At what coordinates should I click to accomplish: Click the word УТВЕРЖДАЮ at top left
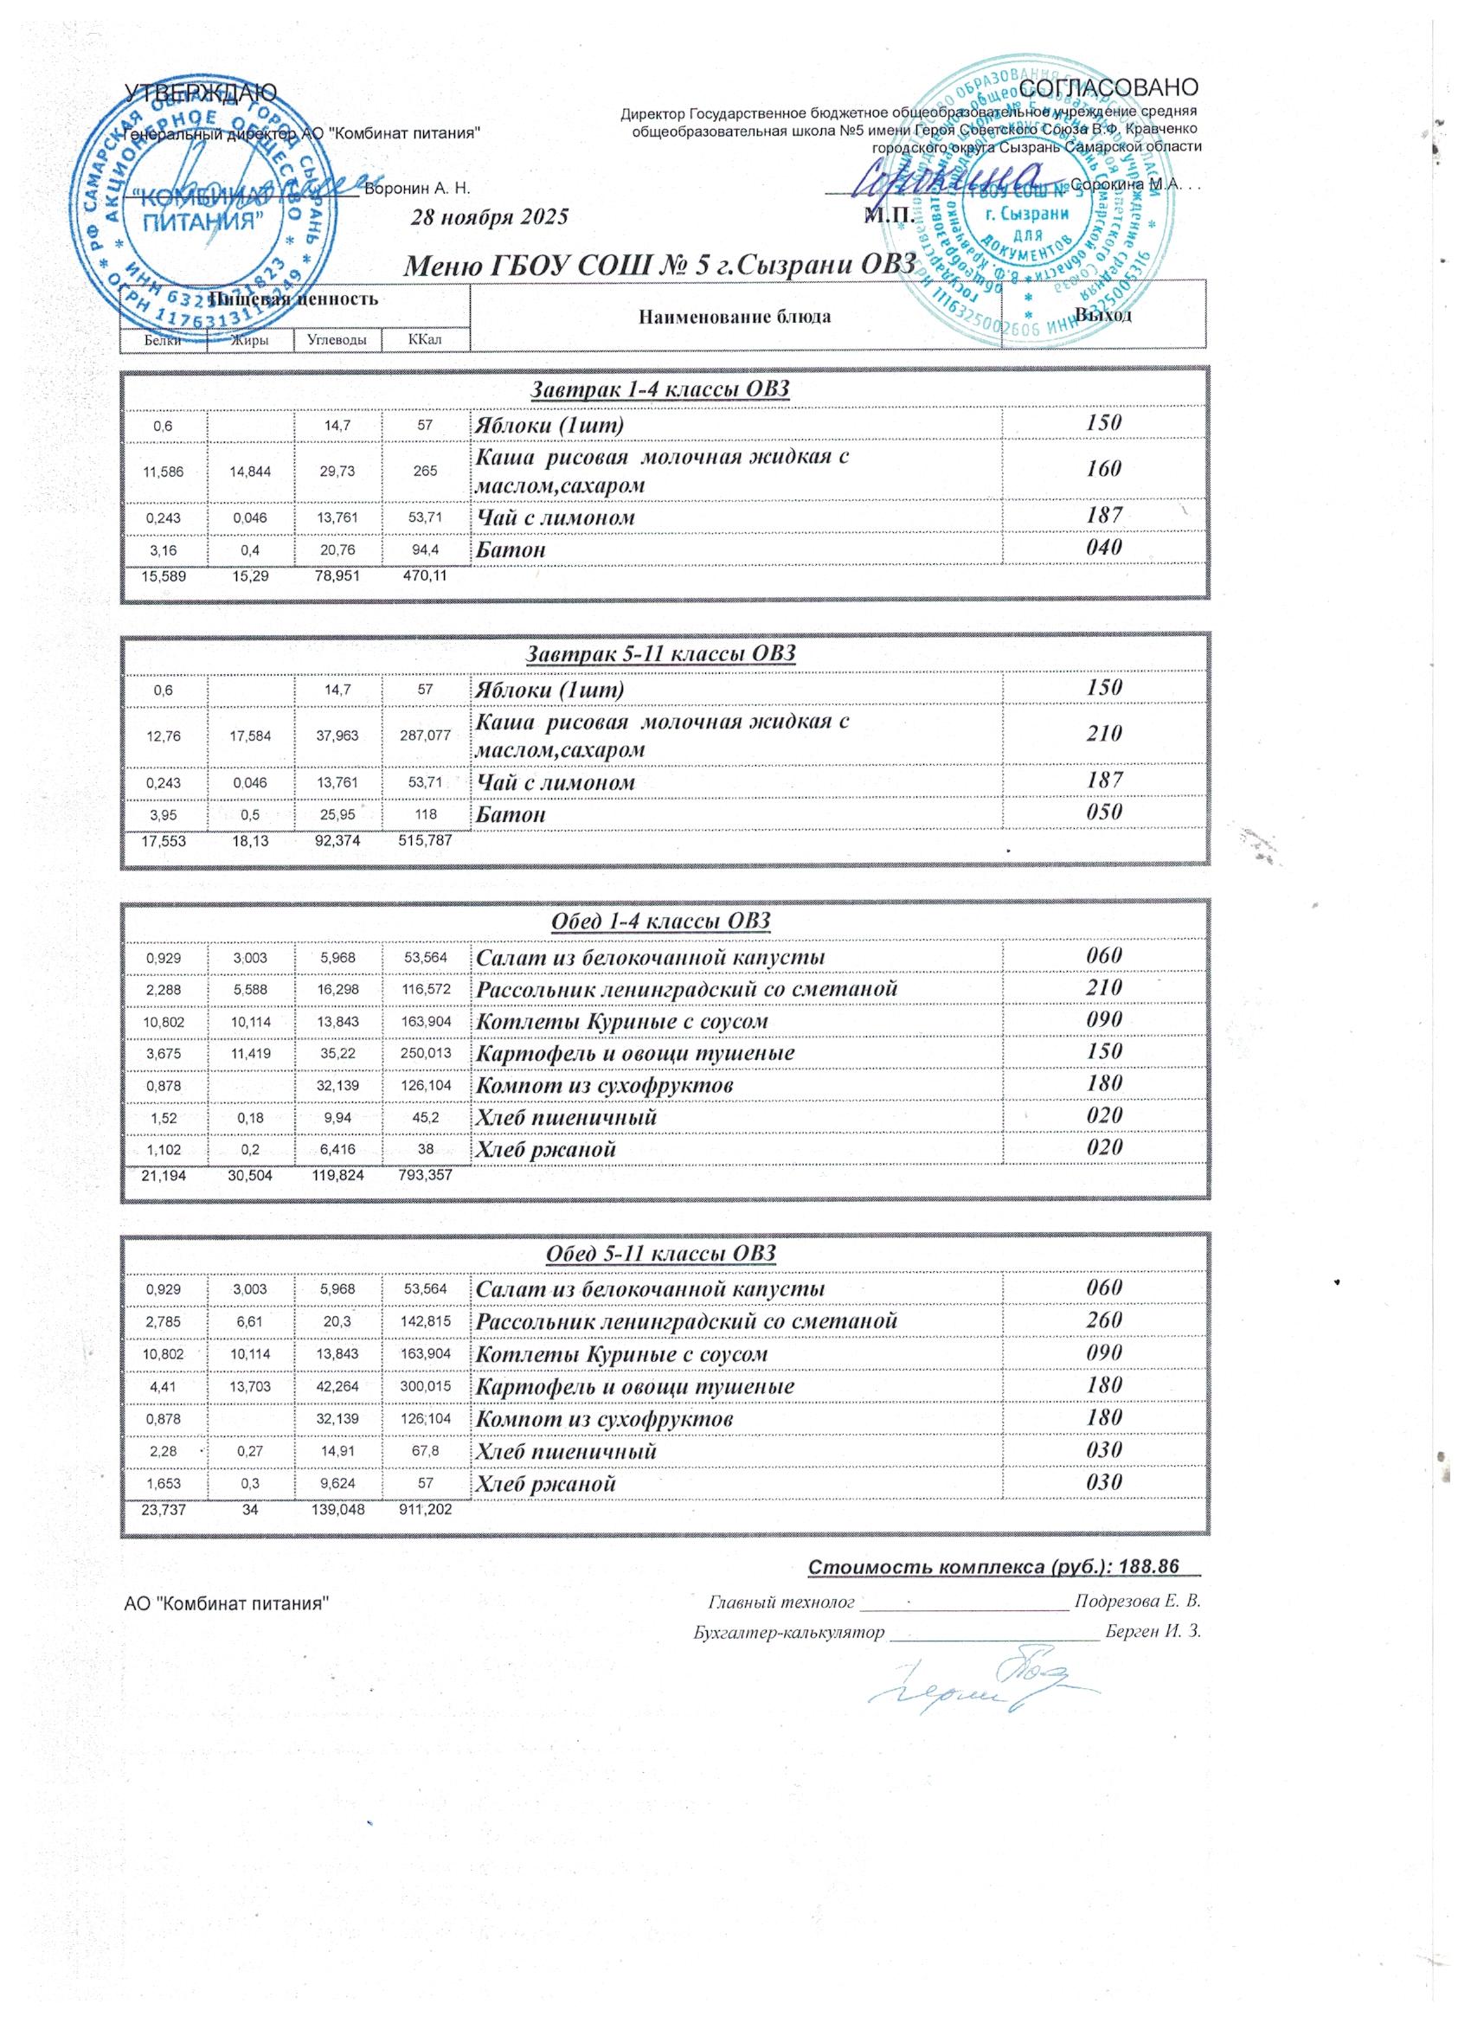tap(201, 92)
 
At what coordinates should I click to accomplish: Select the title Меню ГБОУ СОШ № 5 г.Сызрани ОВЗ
tap(661, 265)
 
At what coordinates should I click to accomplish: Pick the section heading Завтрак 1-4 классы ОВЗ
tap(661, 389)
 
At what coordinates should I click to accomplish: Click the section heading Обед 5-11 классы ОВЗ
tap(661, 1253)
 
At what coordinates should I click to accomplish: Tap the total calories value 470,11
tap(425, 576)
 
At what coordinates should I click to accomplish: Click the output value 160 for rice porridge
tap(1103, 469)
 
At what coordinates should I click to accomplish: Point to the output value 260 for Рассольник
tap(1103, 1320)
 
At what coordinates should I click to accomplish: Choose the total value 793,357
tap(425, 1176)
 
